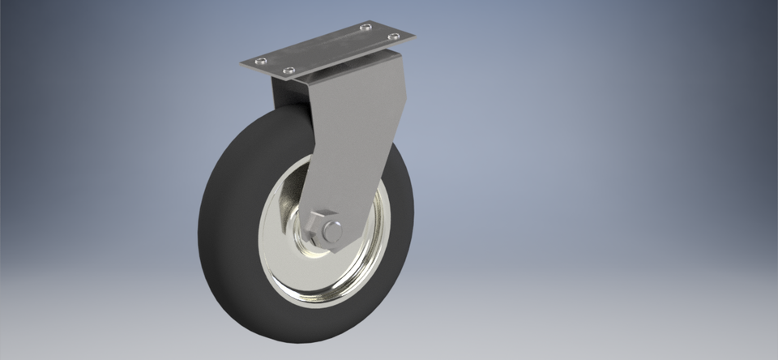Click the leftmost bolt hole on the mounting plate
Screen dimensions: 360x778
[259, 62]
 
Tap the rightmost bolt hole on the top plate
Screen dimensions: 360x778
[394, 36]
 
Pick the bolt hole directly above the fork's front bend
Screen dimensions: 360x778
[286, 72]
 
